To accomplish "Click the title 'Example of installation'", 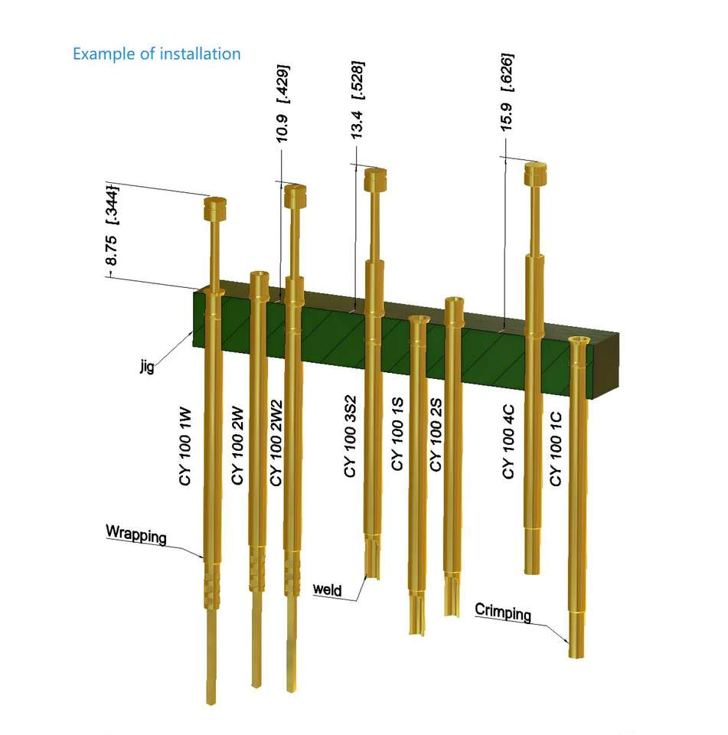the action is (x=157, y=54).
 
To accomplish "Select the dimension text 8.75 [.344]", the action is (x=112, y=226).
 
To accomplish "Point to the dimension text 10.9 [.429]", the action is (x=282, y=103).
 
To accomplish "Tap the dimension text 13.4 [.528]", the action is (x=357, y=100).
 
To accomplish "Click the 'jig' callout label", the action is (x=147, y=364).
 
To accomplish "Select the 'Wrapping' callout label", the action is (x=136, y=534).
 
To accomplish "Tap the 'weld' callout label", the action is (x=327, y=590).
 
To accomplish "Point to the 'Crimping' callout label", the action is (x=503, y=612).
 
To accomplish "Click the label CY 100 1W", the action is (x=185, y=446).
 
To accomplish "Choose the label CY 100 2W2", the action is (x=276, y=443).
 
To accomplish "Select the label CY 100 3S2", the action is (x=350, y=437).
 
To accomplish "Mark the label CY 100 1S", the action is (x=397, y=434).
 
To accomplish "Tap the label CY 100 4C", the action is (x=508, y=442).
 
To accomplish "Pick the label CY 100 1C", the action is (x=556, y=449).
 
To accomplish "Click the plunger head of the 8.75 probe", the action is (x=215, y=208).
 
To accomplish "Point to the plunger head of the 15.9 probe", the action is (x=535, y=174).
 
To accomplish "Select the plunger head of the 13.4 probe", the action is (x=375, y=179).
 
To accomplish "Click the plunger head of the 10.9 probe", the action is (x=295, y=197).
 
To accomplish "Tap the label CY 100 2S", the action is (x=436, y=435).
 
